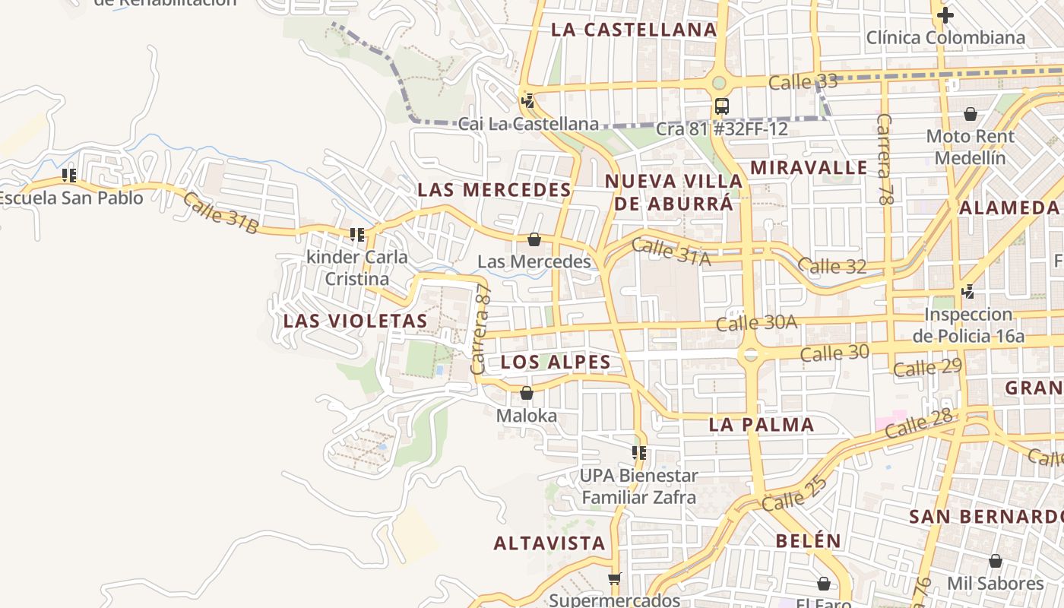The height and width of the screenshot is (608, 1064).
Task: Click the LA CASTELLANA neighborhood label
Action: [633, 30]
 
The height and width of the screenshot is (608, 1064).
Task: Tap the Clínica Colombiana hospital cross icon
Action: [945, 14]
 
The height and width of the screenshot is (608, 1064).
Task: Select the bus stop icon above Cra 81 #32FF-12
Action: [721, 106]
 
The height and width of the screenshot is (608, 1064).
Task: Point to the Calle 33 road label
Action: [803, 81]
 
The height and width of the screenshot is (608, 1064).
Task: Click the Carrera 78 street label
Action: [884, 160]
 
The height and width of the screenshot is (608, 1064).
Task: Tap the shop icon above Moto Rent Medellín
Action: [970, 114]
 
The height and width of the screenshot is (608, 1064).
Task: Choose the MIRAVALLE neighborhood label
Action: [809, 167]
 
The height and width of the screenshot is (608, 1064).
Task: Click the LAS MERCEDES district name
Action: [494, 190]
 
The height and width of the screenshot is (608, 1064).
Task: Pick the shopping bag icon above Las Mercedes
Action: [534, 239]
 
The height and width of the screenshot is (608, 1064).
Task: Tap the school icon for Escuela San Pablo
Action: [69, 176]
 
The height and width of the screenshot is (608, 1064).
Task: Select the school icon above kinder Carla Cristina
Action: [357, 234]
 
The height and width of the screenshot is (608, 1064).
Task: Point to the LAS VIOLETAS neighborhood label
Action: [356, 321]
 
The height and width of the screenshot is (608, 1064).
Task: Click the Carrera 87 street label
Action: [481, 331]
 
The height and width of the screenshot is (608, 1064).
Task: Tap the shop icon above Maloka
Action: [526, 393]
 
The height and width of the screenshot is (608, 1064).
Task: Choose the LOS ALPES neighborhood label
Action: [556, 363]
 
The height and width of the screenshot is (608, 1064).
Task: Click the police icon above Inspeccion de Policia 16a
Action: [967, 291]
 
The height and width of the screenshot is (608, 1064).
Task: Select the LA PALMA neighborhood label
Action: [762, 425]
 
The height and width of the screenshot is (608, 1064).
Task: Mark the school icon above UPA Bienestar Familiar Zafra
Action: [639, 453]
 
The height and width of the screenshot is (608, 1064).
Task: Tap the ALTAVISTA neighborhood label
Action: [549, 543]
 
